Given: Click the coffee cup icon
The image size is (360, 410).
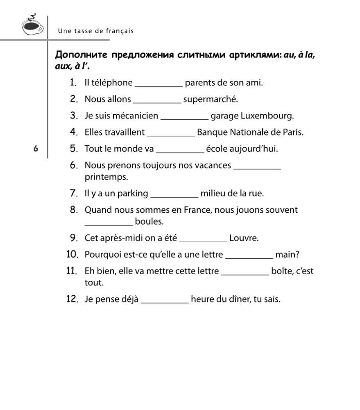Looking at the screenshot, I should point(32,25).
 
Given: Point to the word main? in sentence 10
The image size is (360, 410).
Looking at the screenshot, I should point(287,254).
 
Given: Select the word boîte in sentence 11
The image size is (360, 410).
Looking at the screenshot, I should point(281,271).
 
